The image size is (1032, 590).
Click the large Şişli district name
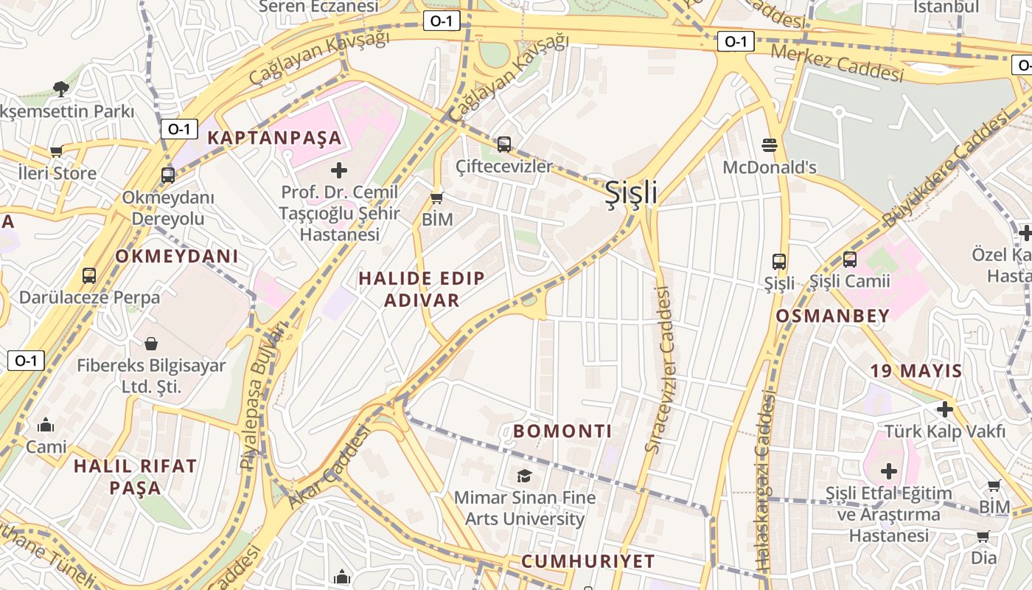click(x=631, y=192)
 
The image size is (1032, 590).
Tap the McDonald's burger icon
click(x=770, y=144)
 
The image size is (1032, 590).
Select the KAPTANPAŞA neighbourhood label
click(x=274, y=137)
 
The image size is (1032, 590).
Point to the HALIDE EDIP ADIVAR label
click(x=422, y=289)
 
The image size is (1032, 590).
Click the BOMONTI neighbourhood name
click(x=562, y=431)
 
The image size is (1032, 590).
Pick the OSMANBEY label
click(x=832, y=316)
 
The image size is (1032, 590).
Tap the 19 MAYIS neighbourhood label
click(x=916, y=370)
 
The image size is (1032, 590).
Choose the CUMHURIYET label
click(x=588, y=561)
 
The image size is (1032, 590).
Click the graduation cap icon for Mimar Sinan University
click(x=524, y=476)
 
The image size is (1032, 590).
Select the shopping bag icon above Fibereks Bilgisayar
click(x=151, y=344)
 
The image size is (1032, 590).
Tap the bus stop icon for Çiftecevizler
click(x=504, y=145)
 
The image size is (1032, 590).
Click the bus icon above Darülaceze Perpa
click(x=89, y=276)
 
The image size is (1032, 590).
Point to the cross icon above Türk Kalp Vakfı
click(x=944, y=409)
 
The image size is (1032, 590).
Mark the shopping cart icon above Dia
click(x=983, y=536)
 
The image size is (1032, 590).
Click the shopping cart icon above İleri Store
click(x=56, y=152)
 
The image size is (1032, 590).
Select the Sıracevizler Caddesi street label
click(x=661, y=369)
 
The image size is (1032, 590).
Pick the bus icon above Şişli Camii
click(x=850, y=260)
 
